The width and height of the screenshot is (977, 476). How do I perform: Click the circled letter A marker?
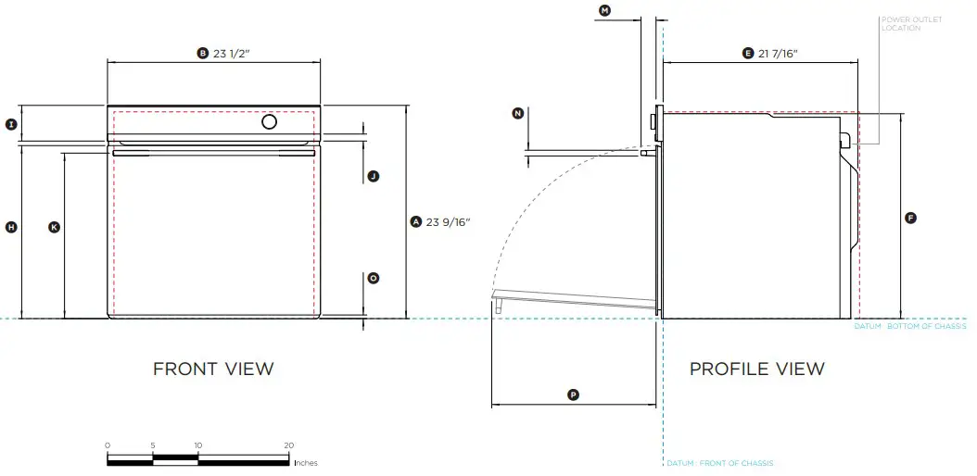coord(416,221)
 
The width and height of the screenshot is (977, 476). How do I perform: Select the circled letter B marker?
coord(203,54)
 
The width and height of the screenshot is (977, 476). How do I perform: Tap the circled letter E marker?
coord(748,54)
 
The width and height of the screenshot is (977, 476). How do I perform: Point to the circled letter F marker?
coord(910,218)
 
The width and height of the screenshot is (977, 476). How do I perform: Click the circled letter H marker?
coord(11,227)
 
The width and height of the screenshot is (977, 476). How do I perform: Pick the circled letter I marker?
coord(11,123)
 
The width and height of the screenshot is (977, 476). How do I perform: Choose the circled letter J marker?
coord(373,176)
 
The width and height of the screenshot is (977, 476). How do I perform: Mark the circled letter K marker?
coord(54,227)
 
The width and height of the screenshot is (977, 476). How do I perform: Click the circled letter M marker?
coord(605,10)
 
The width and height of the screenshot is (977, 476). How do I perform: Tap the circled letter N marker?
coord(518,113)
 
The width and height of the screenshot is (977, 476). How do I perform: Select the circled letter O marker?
coord(373,278)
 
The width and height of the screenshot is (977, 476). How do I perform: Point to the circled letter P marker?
coord(573,395)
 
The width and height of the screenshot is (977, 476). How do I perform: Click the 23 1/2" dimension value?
coord(232,54)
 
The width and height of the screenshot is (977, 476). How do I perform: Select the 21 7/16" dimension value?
coord(778,54)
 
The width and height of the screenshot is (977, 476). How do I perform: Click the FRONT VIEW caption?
coord(213,369)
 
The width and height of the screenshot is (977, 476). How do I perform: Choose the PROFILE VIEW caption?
coord(756,369)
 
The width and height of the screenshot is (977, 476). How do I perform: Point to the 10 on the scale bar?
coord(197,445)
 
